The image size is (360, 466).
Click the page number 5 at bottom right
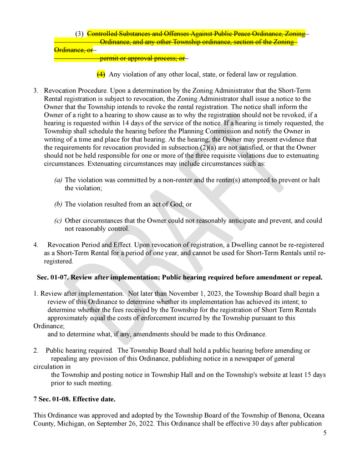pyautogui.click(x=325, y=433)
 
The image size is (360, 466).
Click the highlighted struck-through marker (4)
pyautogui.click(x=101, y=74)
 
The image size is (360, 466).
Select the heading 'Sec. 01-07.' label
pyautogui.click(x=52, y=277)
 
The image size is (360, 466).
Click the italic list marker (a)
pyautogui.click(x=58, y=180)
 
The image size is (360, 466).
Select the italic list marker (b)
pyautogui.click(x=58, y=204)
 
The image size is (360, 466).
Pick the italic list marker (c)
pyautogui.click(x=58, y=221)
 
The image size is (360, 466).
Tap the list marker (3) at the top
pyautogui.click(x=79, y=34)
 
